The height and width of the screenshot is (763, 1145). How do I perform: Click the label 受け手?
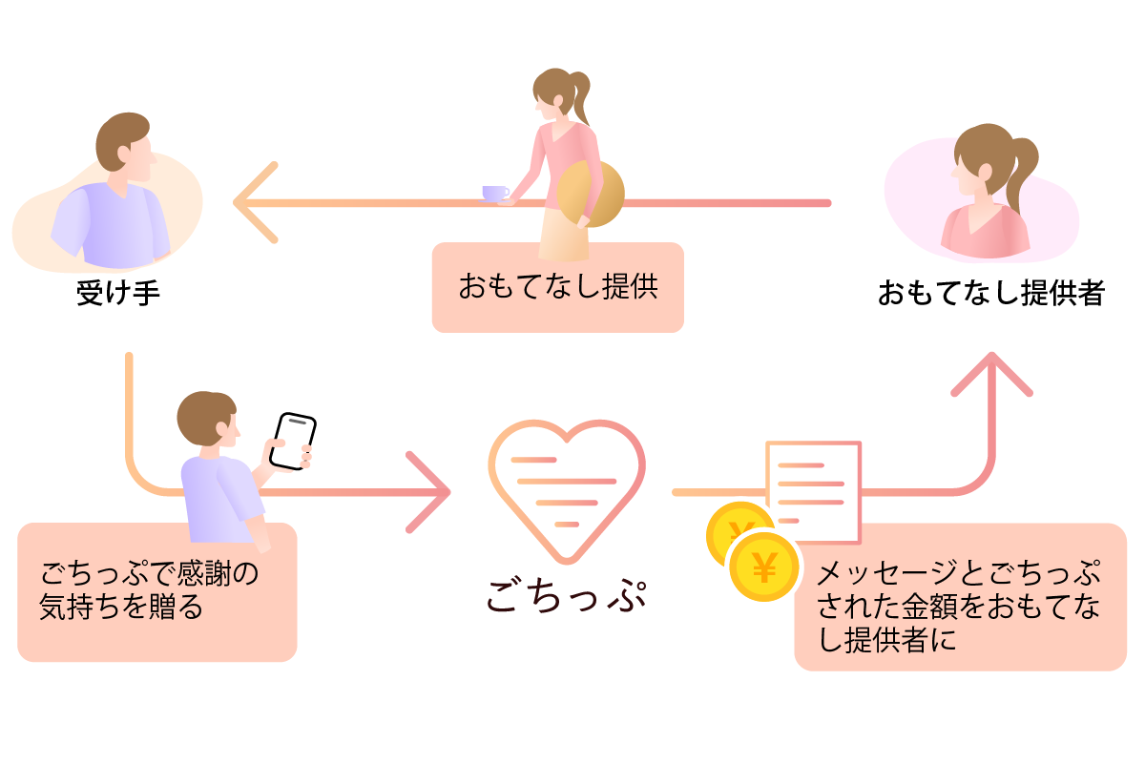[118, 293]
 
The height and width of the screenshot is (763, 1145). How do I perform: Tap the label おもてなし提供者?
[990, 293]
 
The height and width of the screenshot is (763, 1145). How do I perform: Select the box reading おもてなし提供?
[557, 287]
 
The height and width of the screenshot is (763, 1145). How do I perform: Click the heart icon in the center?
[567, 490]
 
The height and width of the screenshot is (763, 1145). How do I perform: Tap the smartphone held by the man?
[291, 441]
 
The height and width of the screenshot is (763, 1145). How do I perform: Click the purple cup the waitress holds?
[495, 193]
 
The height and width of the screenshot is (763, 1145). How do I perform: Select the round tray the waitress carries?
[591, 194]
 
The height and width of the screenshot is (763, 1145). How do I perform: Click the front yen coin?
[764, 568]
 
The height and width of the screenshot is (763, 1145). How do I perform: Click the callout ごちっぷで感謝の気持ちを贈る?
[157, 591]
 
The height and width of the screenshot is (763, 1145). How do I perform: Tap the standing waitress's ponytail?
[579, 100]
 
